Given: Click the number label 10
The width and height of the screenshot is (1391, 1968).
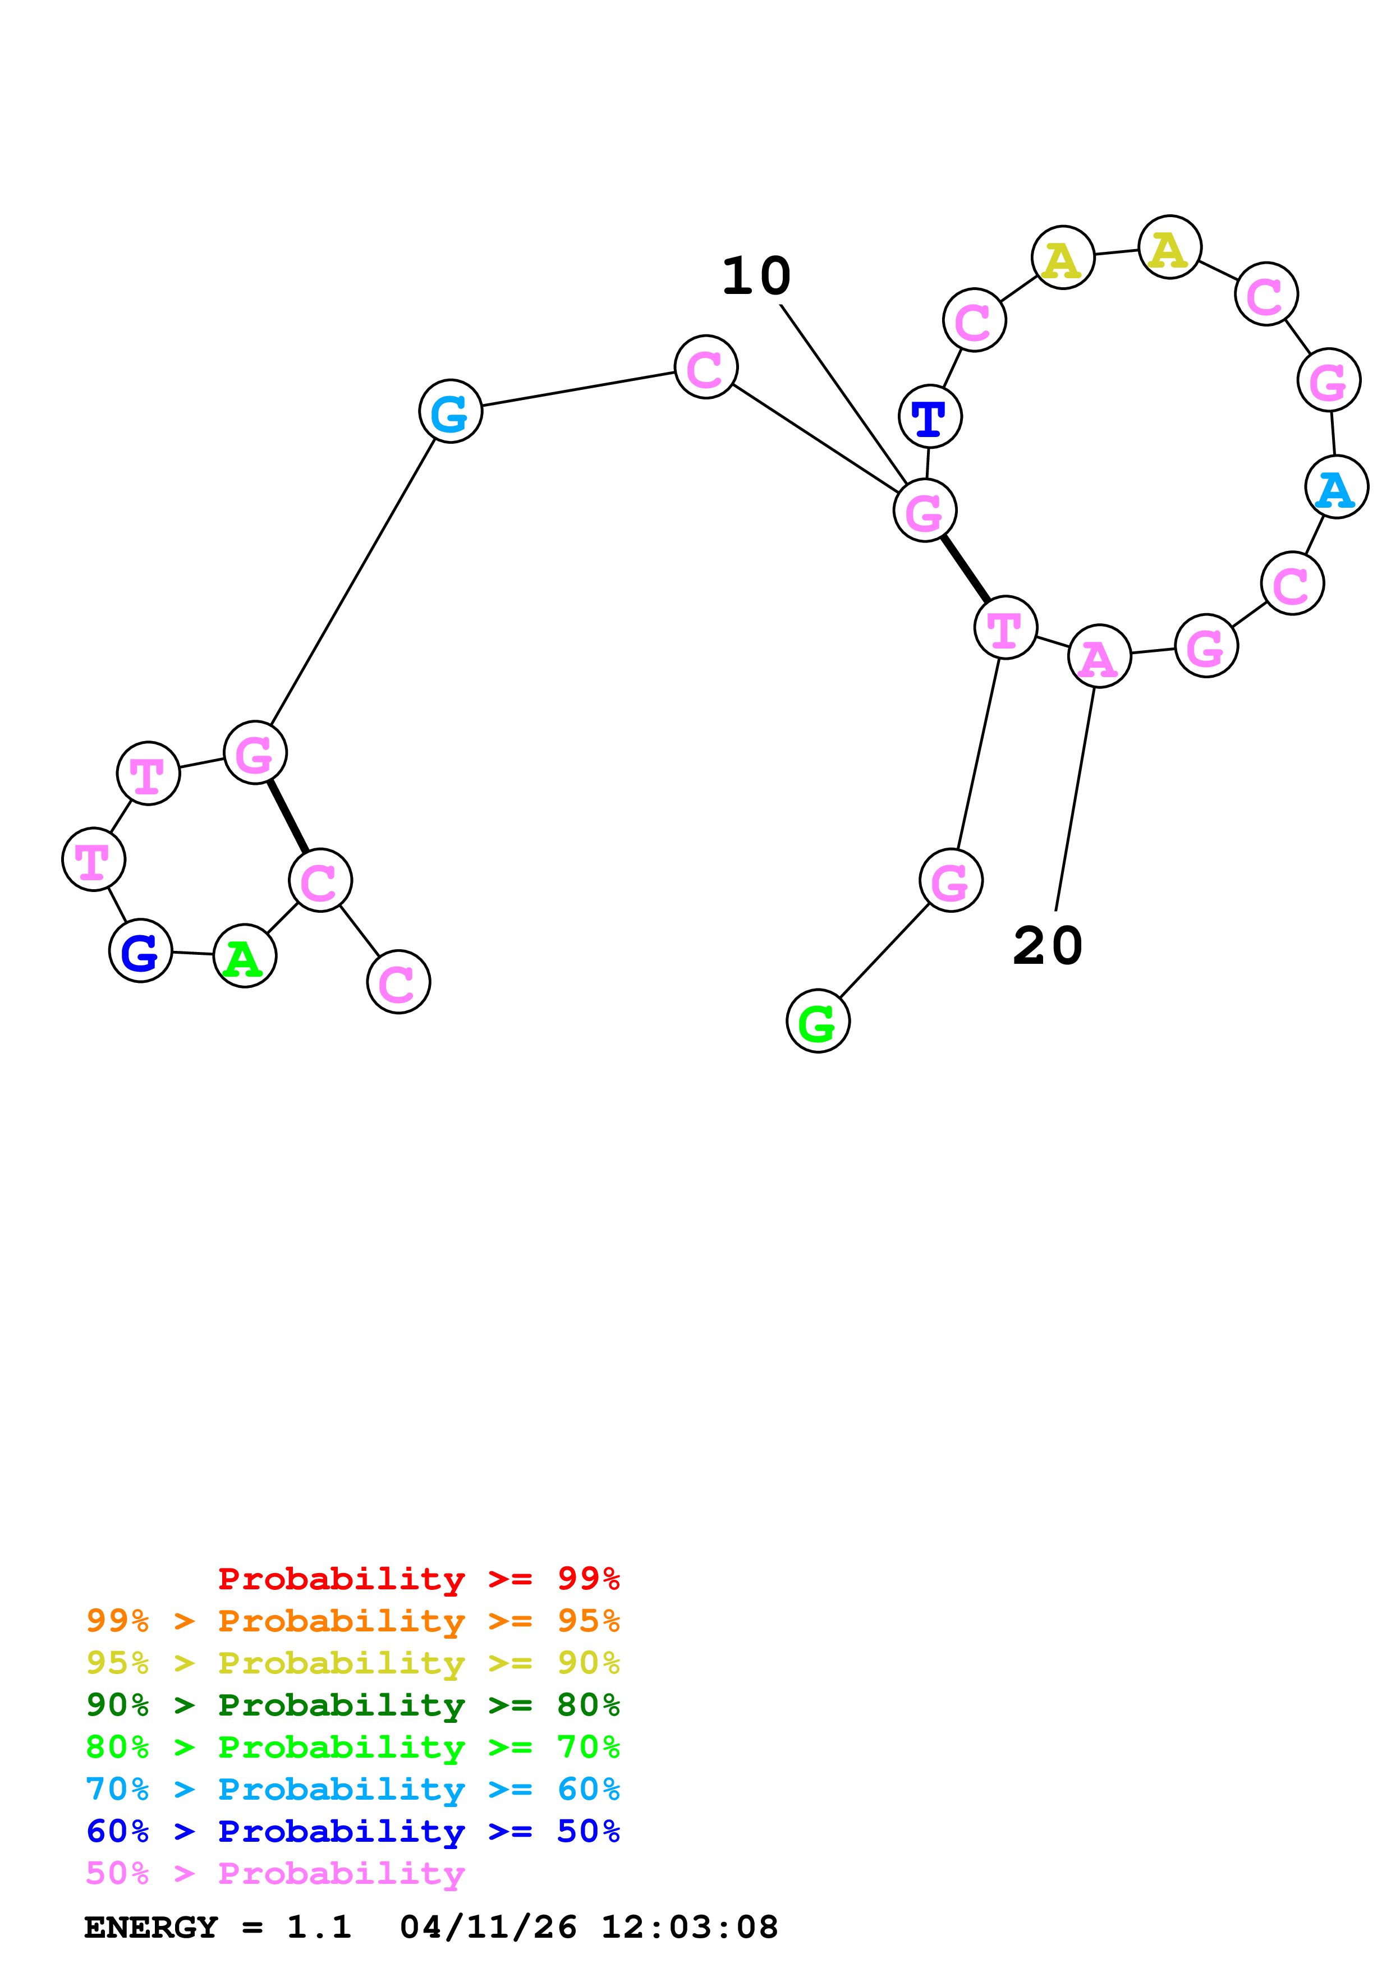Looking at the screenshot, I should pyautogui.click(x=756, y=277).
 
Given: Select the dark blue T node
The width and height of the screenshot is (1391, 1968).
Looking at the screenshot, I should pyautogui.click(x=930, y=417).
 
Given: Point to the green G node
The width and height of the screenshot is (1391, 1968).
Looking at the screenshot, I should pyautogui.click(x=818, y=1021).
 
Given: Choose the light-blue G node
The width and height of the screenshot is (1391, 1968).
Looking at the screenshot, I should pyautogui.click(x=451, y=411).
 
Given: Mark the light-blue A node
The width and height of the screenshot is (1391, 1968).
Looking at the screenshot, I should pyautogui.click(x=1336, y=487).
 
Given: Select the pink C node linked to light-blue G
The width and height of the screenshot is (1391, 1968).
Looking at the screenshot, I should pyautogui.click(x=705, y=367).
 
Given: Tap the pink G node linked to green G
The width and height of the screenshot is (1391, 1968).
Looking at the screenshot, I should pyautogui.click(x=951, y=880).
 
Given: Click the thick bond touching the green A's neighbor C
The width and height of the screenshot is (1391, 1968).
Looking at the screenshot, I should pyautogui.click(x=288, y=817).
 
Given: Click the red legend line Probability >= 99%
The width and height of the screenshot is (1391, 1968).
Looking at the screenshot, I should pyautogui.click(x=418, y=1579).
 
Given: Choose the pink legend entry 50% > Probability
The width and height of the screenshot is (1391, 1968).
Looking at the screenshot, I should pyautogui.click(x=275, y=1874).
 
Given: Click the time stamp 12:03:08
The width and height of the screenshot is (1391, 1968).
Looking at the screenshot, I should pyautogui.click(x=689, y=1928).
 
